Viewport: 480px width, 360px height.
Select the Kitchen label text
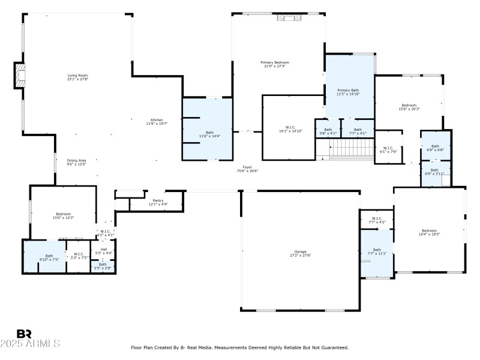click(156, 121)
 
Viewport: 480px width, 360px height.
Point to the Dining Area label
click(76, 162)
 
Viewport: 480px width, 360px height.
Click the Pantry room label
click(158, 202)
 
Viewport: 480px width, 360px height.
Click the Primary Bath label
click(347, 91)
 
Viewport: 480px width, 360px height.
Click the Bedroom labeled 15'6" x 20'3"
click(409, 107)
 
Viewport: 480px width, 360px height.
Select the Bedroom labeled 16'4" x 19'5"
click(429, 232)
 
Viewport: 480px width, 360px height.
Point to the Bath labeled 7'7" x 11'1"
click(377, 251)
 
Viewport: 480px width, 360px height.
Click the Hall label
click(103, 251)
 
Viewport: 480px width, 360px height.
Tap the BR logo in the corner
click(24, 334)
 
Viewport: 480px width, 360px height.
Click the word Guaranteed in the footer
click(333, 347)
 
